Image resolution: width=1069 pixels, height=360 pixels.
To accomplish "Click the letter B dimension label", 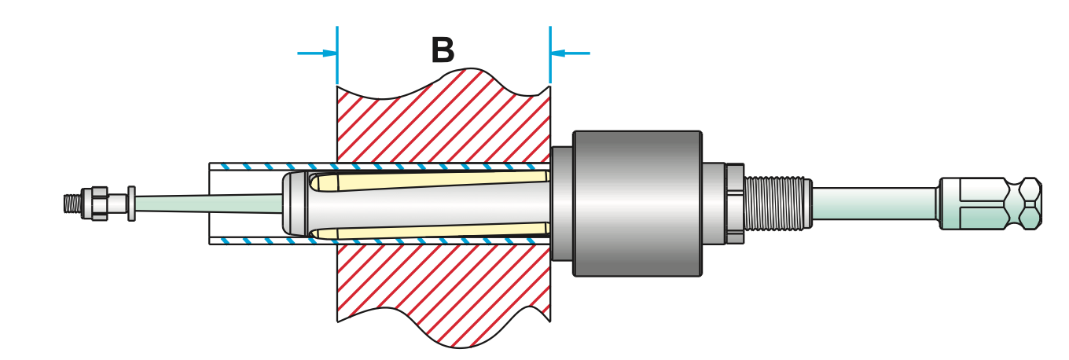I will point(443,51).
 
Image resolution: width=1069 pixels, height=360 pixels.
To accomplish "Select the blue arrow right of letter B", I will point(570,53).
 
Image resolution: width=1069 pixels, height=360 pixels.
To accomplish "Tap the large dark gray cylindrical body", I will point(637,203).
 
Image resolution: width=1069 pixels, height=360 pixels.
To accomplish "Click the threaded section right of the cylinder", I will point(777,203).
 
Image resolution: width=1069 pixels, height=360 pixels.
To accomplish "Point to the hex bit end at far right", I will point(992,203).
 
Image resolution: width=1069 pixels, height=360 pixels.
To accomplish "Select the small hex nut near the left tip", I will point(98,204).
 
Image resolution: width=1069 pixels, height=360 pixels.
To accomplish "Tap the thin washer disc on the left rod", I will point(130,204).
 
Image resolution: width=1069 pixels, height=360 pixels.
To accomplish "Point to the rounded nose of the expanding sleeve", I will point(292,204).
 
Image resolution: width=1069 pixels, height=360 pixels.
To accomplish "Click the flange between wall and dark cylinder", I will point(561,203).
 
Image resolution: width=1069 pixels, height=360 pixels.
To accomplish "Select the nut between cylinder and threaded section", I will point(733,203).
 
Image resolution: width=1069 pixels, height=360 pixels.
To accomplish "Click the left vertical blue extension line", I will point(337,55).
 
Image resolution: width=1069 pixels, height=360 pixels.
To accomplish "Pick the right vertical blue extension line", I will point(549,55).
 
